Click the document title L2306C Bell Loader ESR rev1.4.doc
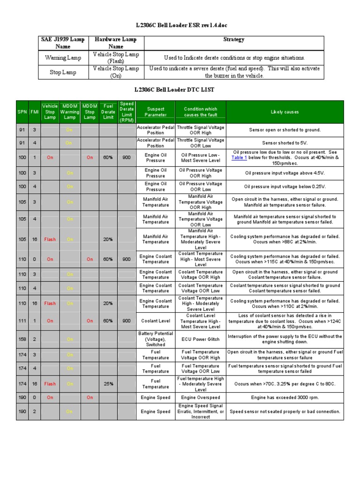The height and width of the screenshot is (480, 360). click(180, 25)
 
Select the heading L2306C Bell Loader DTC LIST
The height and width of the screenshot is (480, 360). click(180, 89)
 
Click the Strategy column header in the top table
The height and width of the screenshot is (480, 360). click(233, 40)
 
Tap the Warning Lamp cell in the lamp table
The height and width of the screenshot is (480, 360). click(63, 58)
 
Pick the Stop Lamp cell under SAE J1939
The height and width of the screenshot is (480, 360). click(63, 72)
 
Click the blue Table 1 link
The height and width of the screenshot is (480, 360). click(239, 158)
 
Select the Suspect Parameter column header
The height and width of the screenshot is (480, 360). click(155, 112)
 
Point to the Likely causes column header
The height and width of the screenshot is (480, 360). click(285, 112)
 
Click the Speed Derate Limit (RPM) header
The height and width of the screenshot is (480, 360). click(127, 112)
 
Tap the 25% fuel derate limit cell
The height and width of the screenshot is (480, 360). click(108, 383)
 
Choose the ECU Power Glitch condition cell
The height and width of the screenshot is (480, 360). click(200, 339)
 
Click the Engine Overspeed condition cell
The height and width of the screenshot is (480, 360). click(200, 397)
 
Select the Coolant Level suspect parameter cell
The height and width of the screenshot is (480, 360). click(155, 321)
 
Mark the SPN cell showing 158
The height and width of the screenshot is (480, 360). click(22, 339)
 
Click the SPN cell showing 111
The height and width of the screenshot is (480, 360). click(22, 321)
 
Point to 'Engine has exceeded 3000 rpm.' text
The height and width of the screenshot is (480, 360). click(285, 397)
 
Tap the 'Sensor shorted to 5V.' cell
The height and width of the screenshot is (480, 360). click(285, 143)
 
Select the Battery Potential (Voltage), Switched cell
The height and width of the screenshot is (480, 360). click(155, 339)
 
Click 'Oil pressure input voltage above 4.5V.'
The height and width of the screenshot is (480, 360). click(285, 173)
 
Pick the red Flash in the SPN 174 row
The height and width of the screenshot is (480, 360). click(50, 383)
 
